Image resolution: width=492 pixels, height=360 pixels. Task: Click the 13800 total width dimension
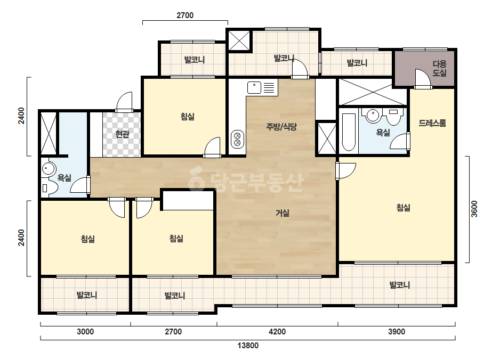(248, 346)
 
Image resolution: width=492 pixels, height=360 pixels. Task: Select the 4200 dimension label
(277, 331)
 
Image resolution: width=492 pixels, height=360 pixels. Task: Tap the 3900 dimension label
(397, 331)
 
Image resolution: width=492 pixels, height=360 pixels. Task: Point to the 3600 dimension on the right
(474, 209)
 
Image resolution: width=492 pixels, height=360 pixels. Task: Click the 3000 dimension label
(85, 331)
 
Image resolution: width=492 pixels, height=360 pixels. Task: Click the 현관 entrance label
(122, 134)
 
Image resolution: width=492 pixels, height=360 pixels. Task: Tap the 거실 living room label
(283, 213)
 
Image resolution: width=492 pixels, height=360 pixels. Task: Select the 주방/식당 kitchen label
(281, 127)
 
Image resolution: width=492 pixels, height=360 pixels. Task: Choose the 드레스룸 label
(432, 123)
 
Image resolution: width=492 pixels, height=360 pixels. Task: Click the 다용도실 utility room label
(439, 68)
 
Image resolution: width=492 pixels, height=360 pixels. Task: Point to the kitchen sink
(254, 87)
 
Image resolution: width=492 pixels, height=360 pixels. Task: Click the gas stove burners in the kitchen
(238, 139)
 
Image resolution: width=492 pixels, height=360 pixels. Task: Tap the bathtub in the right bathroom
(348, 132)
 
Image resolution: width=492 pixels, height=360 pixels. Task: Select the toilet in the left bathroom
(50, 188)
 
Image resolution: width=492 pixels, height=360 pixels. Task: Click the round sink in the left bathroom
(48, 169)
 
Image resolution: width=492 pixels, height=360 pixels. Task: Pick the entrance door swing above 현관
(124, 102)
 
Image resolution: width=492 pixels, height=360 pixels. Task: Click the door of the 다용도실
(423, 78)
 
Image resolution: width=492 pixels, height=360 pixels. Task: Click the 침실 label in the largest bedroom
(404, 208)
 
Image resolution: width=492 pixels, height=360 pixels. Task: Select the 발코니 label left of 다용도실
(357, 63)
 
